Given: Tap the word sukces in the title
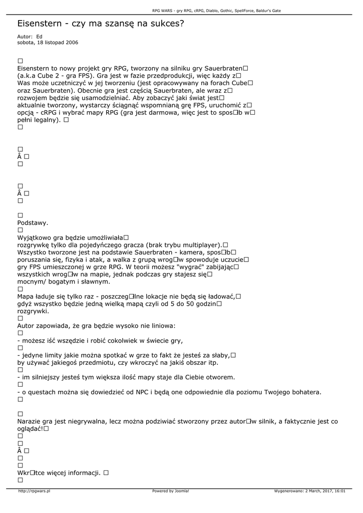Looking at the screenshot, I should point(166,24).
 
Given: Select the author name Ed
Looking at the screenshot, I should point(40,37).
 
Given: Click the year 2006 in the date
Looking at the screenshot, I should point(72,43).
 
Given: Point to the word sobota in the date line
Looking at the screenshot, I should point(25,43).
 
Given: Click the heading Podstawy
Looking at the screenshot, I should point(33,222).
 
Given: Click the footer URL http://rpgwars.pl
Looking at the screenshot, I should point(34,491).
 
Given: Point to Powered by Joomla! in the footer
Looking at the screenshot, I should point(171,491).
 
